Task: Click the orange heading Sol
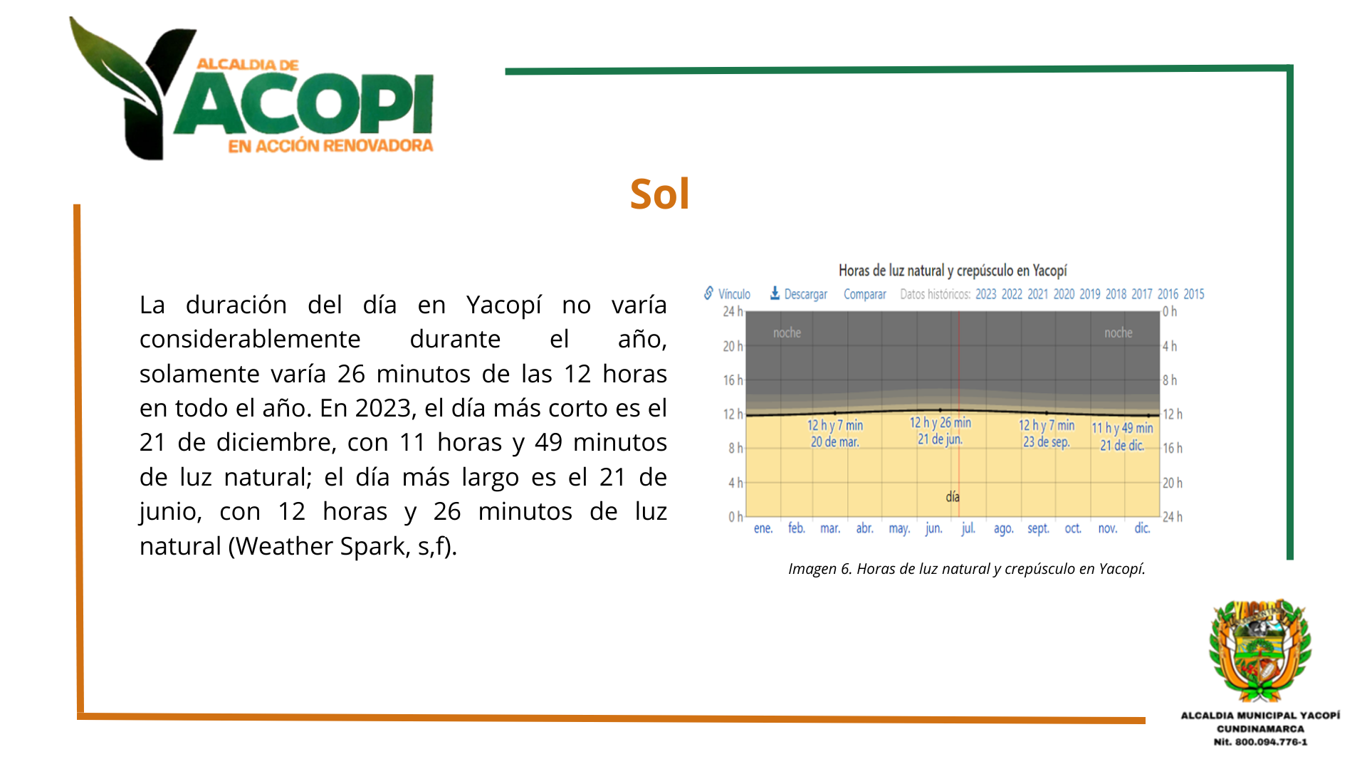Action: [x=659, y=194]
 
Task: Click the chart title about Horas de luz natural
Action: [x=953, y=271]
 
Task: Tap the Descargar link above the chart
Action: [x=799, y=293]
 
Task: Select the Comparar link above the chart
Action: [x=864, y=294]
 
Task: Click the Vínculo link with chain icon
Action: [x=727, y=293]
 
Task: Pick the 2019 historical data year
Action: [x=1089, y=294]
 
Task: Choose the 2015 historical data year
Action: [x=1193, y=294]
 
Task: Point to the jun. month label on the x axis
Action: [x=933, y=528]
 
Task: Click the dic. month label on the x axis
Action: [x=1142, y=528]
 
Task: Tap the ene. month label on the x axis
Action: [x=763, y=528]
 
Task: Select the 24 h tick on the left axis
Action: [x=733, y=311]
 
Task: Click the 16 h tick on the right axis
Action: [x=1173, y=448]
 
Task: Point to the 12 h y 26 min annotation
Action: [x=940, y=422]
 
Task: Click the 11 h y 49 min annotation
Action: [x=1122, y=428]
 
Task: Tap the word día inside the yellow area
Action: [x=953, y=497]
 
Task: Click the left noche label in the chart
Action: [x=787, y=333]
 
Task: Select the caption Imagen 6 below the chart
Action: [x=967, y=569]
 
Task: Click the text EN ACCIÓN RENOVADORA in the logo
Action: [x=330, y=146]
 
